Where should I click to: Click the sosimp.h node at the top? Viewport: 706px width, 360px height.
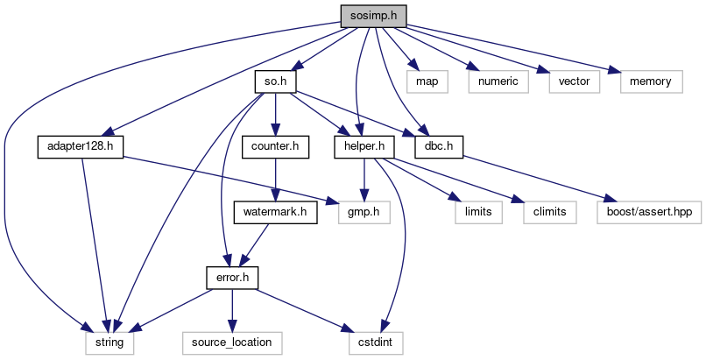tap(373, 16)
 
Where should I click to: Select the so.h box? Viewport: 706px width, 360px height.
tap(275, 81)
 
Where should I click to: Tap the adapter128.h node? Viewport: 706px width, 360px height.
tap(80, 146)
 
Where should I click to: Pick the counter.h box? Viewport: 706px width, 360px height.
tap(275, 146)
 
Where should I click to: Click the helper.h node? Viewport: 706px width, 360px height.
tap(364, 146)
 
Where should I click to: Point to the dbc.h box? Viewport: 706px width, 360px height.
tap(439, 146)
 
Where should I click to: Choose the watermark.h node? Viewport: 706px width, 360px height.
tap(275, 212)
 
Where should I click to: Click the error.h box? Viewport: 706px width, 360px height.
tap(232, 278)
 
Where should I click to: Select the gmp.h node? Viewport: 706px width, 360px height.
tap(364, 212)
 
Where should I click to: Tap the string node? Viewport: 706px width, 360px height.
tap(109, 342)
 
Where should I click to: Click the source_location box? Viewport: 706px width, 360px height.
tap(232, 342)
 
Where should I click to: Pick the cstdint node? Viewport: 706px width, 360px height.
tap(376, 342)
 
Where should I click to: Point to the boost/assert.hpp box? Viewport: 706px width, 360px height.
tap(649, 212)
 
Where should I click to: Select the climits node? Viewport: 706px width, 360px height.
tap(550, 212)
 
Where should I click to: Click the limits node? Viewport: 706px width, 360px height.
tap(478, 212)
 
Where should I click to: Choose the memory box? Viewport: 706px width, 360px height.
tap(651, 81)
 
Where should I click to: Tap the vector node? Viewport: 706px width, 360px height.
tap(574, 81)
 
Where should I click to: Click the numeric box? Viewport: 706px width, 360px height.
tap(498, 81)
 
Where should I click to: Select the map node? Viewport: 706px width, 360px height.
tap(427, 81)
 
